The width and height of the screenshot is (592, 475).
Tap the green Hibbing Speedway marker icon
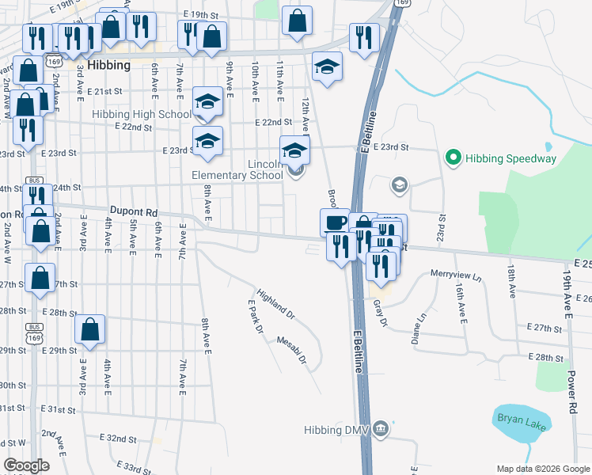pos(453,158)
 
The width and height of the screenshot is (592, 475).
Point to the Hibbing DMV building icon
pos(381,430)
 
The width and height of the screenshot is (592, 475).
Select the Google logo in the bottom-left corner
pos(26,465)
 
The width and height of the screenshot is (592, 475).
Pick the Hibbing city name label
pos(109,66)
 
